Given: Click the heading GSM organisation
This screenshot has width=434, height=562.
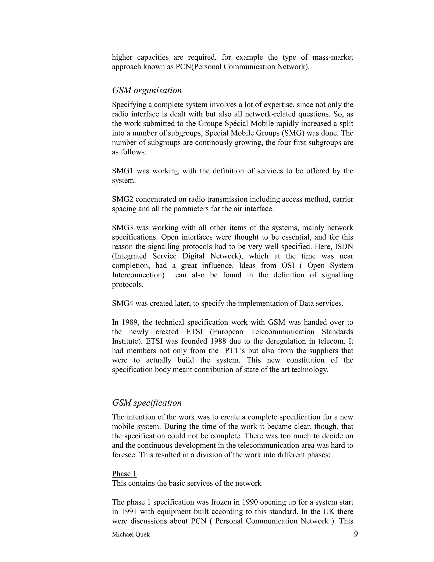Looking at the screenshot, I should pyautogui.click(x=147, y=90).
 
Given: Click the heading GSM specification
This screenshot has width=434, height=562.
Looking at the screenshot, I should pyautogui.click(x=147, y=403).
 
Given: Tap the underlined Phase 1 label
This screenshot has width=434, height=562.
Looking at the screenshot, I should pyautogui.click(x=124, y=474).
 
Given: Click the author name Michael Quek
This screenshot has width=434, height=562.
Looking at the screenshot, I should pyautogui.click(x=131, y=534).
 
